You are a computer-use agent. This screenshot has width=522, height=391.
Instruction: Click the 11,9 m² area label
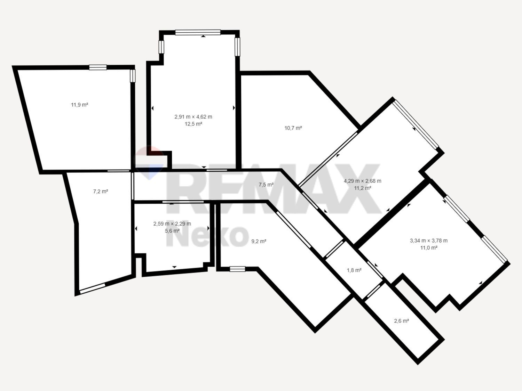pyautogui.click(x=79, y=105)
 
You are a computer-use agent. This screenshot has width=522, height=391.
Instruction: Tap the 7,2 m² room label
pyautogui.click(x=101, y=191)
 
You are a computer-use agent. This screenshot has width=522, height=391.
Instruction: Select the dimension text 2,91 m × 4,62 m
pyautogui.click(x=193, y=117)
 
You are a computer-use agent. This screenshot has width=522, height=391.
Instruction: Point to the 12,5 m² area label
pyautogui.click(x=193, y=124)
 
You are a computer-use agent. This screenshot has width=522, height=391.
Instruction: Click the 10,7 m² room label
pyautogui.click(x=293, y=128)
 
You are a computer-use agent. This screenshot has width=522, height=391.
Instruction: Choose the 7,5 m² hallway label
pyautogui.click(x=266, y=185)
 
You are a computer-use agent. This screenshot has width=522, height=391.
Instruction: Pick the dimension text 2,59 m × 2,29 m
pyautogui.click(x=172, y=224)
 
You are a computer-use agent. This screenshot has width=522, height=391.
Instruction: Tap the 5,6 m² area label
pyautogui.click(x=172, y=230)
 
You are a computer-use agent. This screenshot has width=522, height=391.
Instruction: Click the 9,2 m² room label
pyautogui.click(x=259, y=241)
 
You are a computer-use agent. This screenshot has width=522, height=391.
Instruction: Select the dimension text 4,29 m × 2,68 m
pyautogui.click(x=362, y=181)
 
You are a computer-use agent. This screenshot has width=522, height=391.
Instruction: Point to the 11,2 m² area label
pyautogui.click(x=362, y=188)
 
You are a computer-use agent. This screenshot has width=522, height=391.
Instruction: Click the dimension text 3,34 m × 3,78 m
pyautogui.click(x=429, y=241)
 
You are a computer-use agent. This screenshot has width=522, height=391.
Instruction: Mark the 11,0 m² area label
pyautogui.click(x=429, y=248)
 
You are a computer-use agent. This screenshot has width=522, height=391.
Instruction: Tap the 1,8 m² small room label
pyautogui.click(x=354, y=270)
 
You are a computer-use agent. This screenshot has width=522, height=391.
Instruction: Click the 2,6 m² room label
pyautogui.click(x=401, y=321)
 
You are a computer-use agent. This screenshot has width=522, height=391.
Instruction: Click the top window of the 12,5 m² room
pyautogui.click(x=198, y=33)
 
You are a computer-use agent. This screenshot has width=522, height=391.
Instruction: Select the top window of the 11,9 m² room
pyautogui.click(x=98, y=68)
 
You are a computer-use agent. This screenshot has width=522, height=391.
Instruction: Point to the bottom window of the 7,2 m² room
pyautogui.click(x=93, y=289)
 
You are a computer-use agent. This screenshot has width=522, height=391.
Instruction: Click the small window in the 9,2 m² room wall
pyautogui.click(x=237, y=269)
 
